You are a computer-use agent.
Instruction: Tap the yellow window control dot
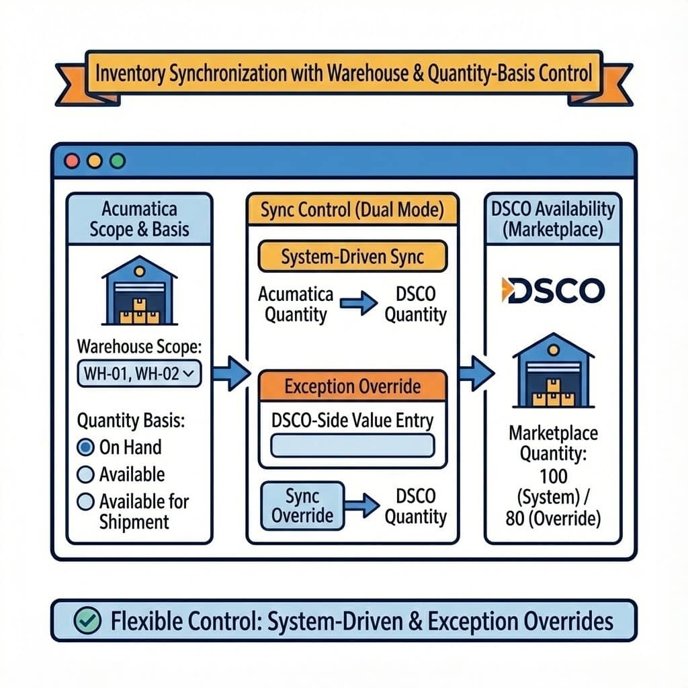tap(95, 161)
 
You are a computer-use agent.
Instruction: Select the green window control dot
tap(117, 161)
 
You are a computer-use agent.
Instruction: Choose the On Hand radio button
tap(86, 447)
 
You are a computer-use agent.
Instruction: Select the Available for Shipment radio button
tap(86, 501)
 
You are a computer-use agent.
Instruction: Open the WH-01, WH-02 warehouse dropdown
tap(139, 374)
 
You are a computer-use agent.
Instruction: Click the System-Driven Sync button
tap(352, 257)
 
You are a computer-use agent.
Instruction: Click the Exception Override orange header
tap(352, 386)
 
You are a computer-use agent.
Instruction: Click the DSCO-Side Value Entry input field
tap(352, 445)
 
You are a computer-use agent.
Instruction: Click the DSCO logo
tap(552, 290)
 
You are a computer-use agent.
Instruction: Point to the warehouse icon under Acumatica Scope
tap(138, 290)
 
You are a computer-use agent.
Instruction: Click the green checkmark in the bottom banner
tap(86, 620)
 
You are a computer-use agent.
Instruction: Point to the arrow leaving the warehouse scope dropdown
tap(230, 374)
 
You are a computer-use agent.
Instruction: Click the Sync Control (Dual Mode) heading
tap(352, 210)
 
